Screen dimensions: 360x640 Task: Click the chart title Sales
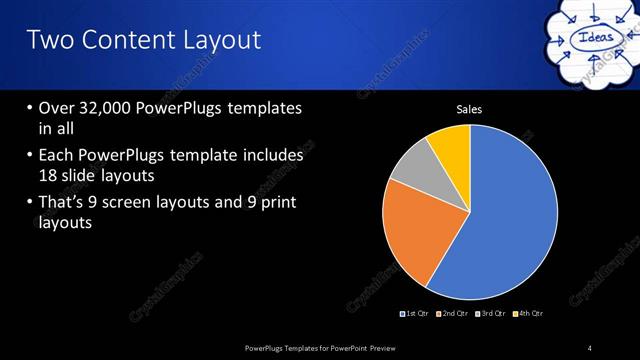pyautogui.click(x=469, y=109)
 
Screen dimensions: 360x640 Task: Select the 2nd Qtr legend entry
pyautogui.click(x=453, y=314)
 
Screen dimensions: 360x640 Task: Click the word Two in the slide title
pyautogui.click(x=49, y=40)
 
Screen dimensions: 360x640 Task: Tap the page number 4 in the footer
pyautogui.click(x=590, y=348)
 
